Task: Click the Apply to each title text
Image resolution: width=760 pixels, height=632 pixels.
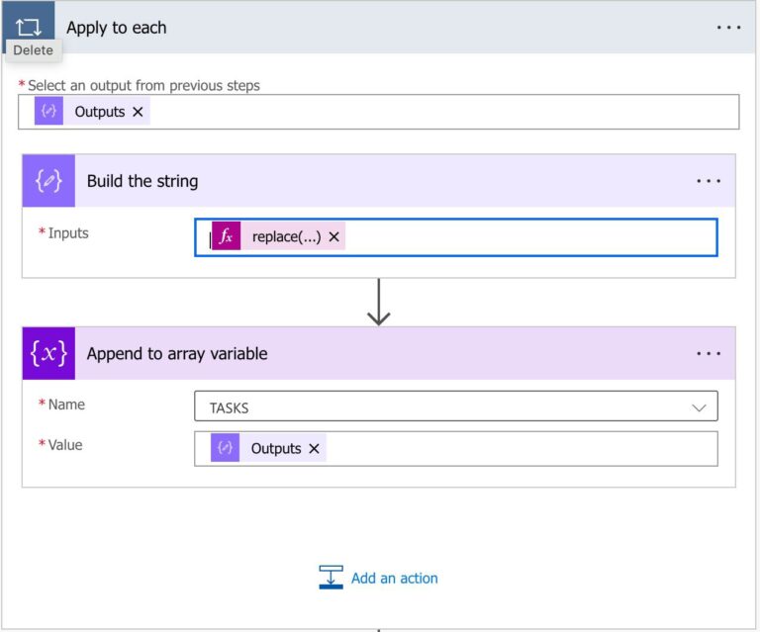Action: pos(116,28)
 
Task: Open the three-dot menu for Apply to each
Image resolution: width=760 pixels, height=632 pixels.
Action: pos(728,28)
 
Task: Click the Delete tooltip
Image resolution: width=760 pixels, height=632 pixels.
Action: pos(33,50)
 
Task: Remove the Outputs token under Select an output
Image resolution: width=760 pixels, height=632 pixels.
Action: pos(138,112)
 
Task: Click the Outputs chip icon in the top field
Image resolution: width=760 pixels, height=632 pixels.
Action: pos(48,112)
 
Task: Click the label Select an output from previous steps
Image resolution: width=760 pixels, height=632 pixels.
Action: pos(143,86)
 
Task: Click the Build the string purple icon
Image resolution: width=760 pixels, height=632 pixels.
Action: pos(48,181)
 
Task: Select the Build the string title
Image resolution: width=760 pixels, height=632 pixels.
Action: pos(142,181)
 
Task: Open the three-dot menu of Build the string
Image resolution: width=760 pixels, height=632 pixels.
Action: pos(709,181)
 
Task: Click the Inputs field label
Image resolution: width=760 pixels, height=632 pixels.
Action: pos(67,233)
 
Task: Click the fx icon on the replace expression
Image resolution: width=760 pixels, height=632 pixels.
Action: pos(227,236)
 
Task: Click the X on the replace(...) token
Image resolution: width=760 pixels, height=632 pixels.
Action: pos(333,236)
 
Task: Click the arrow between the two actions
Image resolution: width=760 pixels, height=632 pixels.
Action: pos(378,303)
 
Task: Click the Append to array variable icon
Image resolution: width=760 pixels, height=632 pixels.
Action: pos(48,354)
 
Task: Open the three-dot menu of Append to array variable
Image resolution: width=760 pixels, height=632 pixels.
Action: pos(709,354)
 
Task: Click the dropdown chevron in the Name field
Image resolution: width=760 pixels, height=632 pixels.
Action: pos(699,406)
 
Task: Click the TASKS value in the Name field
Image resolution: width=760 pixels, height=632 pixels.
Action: pos(229,406)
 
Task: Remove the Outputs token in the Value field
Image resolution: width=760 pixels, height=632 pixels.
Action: pos(314,448)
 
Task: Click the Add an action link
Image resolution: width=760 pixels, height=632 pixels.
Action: pos(394,579)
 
